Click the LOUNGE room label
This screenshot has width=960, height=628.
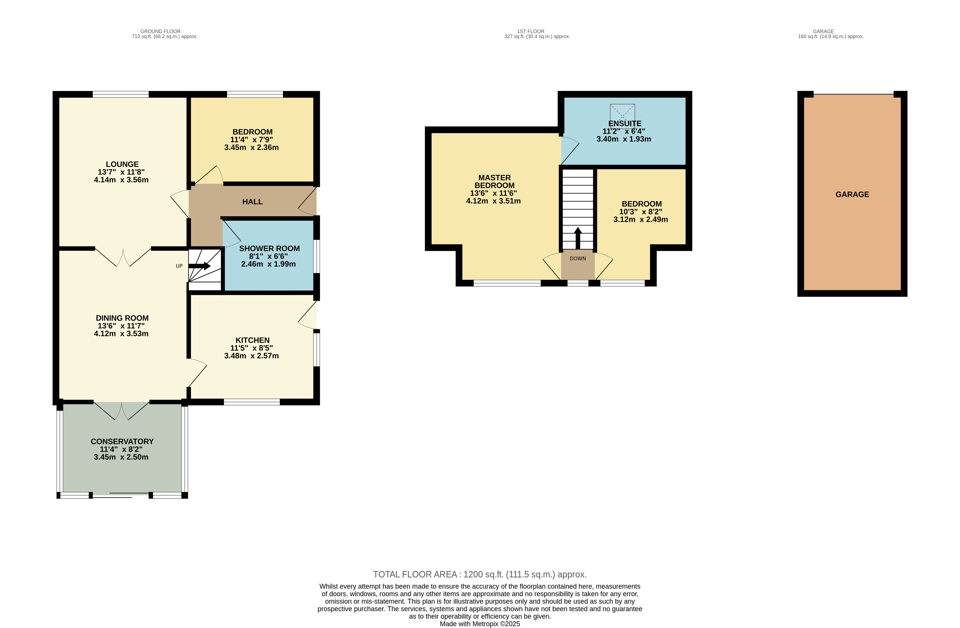click(122, 164)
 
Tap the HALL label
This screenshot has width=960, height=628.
click(252, 202)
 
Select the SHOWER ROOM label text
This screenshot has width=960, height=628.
click(269, 249)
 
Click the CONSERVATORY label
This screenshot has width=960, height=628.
click(122, 441)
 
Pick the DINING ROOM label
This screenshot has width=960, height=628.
click(122, 318)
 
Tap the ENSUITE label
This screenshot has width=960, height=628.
click(625, 124)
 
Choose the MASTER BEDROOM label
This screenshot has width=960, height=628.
click(495, 182)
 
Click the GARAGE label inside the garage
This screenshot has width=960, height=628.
click(852, 194)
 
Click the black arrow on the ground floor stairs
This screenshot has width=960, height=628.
click(200, 266)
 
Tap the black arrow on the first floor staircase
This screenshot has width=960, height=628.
click(578, 238)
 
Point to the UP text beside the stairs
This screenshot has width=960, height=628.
click(179, 266)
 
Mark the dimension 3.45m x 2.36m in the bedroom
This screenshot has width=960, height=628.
click(252, 148)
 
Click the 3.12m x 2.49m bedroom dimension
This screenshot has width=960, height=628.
click(641, 220)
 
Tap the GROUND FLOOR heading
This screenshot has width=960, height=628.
click(160, 31)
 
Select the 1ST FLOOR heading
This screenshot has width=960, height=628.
click(531, 31)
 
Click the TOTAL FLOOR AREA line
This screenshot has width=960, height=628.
click(480, 574)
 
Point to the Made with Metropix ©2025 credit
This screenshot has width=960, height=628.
click(480, 624)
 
